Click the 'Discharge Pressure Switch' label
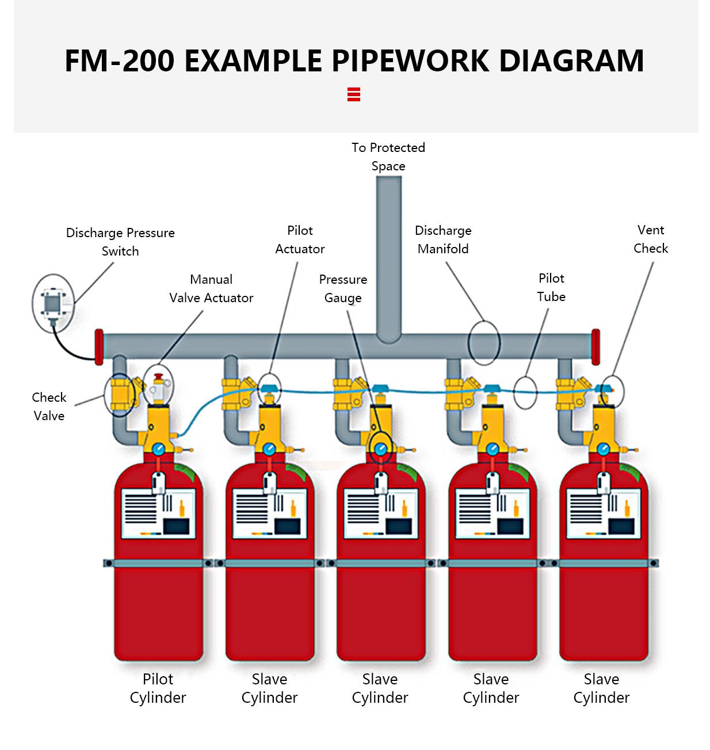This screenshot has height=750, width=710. click(x=120, y=242)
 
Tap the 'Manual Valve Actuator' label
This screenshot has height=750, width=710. click(x=211, y=288)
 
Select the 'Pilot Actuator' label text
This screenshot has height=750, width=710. click(x=300, y=239)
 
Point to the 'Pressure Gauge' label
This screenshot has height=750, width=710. click(x=343, y=288)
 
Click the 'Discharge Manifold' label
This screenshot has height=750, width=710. click(x=443, y=239)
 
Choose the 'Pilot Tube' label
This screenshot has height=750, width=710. click(x=551, y=287)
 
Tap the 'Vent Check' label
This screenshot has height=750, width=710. click(x=651, y=239)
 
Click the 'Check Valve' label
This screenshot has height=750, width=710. click(x=49, y=406)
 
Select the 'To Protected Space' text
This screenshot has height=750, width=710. click(x=388, y=157)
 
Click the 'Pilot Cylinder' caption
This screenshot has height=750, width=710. click(x=158, y=688)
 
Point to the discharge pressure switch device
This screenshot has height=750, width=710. click(x=52, y=303)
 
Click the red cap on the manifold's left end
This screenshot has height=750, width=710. click(x=99, y=347)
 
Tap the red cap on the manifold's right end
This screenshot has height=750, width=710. click(x=596, y=347)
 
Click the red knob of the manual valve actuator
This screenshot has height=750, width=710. click(x=159, y=378)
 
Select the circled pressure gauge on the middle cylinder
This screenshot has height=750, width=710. click(x=380, y=448)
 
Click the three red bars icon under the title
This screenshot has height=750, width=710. click(x=354, y=94)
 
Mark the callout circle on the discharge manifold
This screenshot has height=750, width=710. click(x=484, y=343)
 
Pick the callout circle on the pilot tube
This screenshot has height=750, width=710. click(x=525, y=393)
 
